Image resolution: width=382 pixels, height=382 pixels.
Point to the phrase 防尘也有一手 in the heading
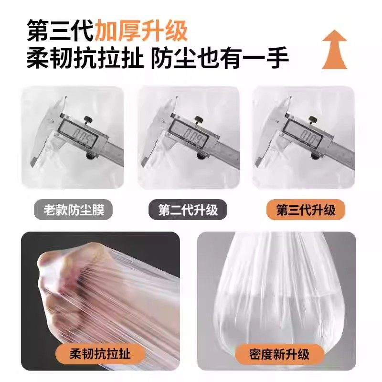220,59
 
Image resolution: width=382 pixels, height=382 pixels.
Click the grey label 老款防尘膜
73,210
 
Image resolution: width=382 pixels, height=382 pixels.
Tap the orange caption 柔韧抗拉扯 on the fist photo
100,354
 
